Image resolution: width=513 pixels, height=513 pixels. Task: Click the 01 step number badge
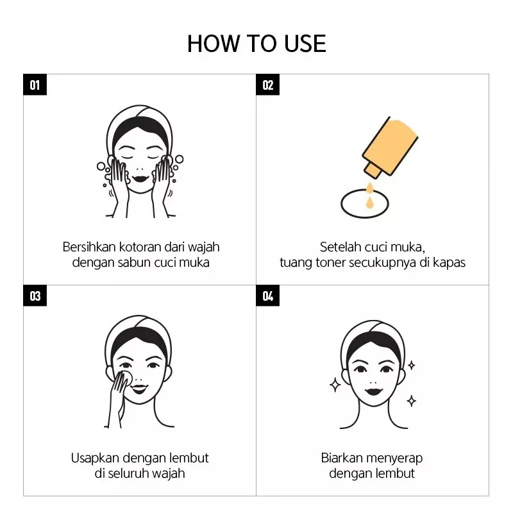click(x=35, y=85)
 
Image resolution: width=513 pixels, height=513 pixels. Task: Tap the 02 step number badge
click(x=267, y=85)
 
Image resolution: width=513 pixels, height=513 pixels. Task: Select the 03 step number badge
click(x=35, y=296)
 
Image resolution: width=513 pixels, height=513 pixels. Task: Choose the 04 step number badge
click(x=267, y=296)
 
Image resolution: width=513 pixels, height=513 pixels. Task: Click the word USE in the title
click(x=305, y=44)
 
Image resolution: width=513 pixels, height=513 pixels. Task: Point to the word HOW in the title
click(x=214, y=44)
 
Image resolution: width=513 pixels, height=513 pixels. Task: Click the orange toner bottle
click(x=390, y=147)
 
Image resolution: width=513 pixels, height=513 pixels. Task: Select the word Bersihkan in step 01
click(x=89, y=247)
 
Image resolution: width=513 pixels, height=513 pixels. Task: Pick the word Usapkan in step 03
click(x=95, y=458)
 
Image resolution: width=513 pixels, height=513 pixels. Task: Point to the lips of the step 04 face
click(x=374, y=391)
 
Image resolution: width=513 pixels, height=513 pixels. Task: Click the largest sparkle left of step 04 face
click(x=335, y=385)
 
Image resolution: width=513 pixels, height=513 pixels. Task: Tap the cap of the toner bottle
click(x=373, y=171)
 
